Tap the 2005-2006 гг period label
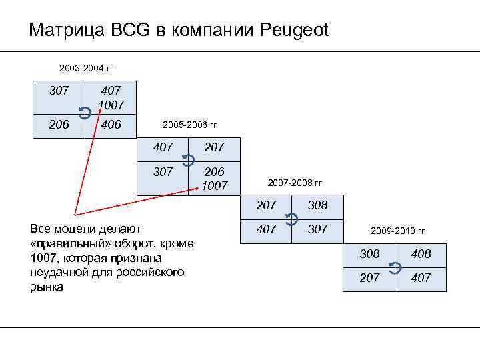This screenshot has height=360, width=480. [190, 125]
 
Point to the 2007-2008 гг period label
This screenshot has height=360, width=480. [294, 182]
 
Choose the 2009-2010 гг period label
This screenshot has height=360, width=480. [397, 231]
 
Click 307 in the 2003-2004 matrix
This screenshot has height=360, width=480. [60, 90]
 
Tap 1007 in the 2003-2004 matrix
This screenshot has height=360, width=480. [111, 105]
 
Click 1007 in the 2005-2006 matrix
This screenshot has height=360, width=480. [215, 185]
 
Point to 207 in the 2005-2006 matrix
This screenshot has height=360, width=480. [215, 147]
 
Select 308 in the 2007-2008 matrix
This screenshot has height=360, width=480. [318, 205]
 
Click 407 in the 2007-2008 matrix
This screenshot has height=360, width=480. [266, 229]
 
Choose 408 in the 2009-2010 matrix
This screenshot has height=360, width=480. [421, 253]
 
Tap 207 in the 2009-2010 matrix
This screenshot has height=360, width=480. [369, 277]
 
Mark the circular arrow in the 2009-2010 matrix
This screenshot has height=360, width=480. [395, 267]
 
